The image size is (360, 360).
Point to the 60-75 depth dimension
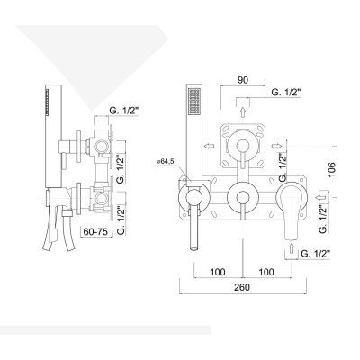click(95, 232)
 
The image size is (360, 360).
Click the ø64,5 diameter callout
click(165, 162)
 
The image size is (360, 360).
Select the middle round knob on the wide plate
click(240, 197)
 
